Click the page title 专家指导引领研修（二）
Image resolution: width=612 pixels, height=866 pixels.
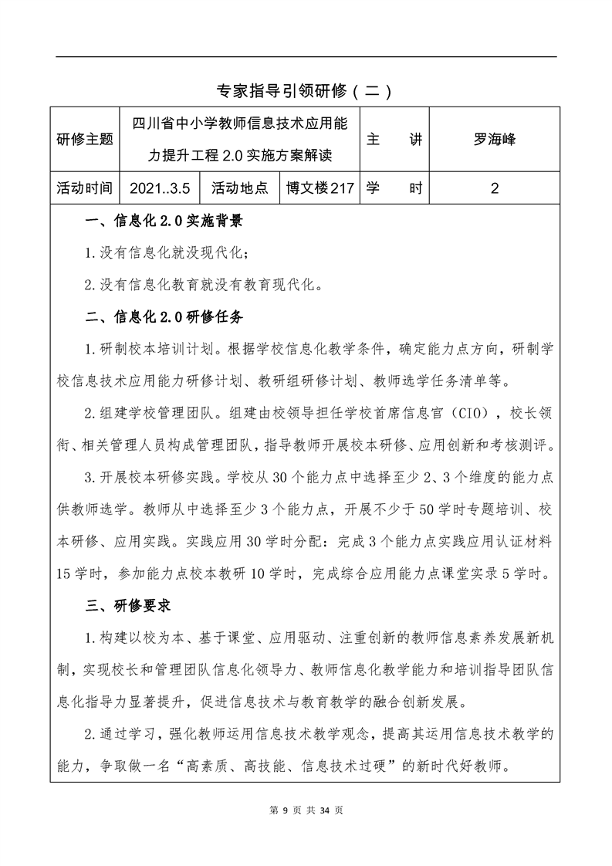pos(306,92)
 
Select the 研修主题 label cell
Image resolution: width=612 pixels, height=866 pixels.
pos(85,140)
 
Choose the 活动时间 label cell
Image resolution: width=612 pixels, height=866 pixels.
pos(85,188)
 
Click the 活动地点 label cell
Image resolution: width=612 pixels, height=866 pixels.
pos(239,188)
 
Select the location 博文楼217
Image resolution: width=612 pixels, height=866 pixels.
pos(319,188)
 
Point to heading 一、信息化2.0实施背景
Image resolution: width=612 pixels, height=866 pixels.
pos(164,223)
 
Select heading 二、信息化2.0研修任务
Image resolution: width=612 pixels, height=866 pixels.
pos(164,316)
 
